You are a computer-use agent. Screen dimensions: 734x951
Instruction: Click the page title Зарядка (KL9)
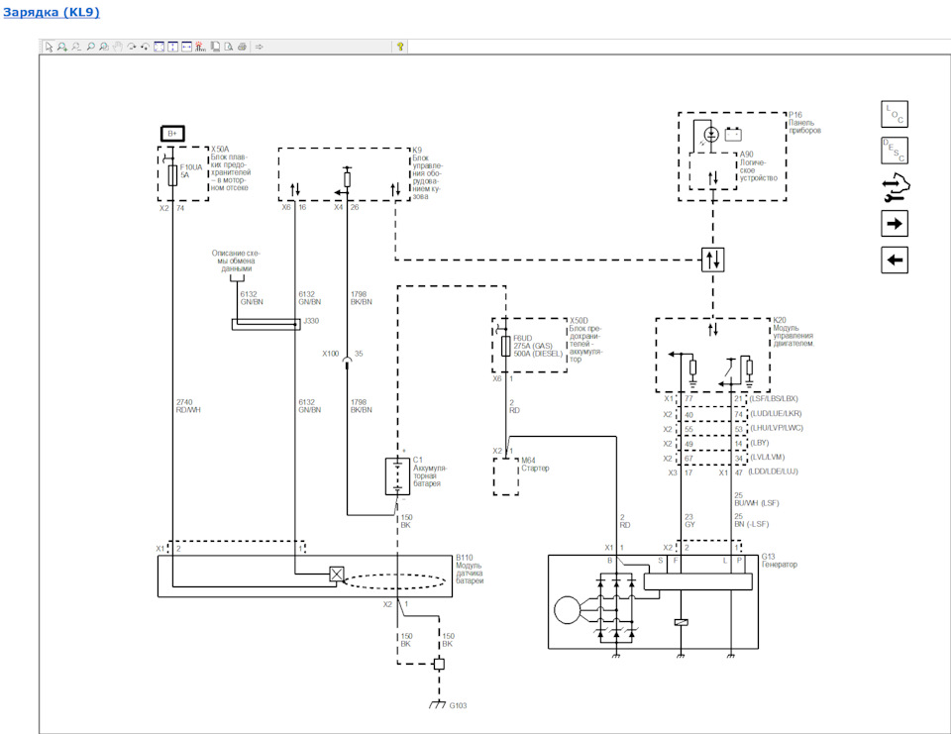[51, 13]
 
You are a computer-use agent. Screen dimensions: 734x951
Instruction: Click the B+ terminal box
[171, 133]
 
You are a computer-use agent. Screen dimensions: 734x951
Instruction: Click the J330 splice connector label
[311, 321]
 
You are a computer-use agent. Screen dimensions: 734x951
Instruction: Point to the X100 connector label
[330, 353]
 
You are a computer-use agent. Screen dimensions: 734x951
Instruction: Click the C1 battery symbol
[396, 475]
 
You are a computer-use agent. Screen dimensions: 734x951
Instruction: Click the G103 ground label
[458, 705]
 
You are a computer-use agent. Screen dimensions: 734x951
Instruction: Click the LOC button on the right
[894, 113]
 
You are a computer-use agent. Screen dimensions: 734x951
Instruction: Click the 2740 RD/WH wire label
[186, 403]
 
